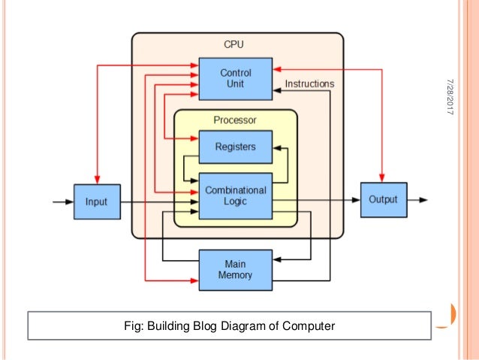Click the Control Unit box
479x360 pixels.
(236, 78)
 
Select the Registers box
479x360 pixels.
(236, 147)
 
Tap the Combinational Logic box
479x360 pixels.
(236, 196)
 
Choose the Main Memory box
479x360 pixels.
(236, 270)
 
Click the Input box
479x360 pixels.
(96, 201)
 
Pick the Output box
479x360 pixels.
(383, 200)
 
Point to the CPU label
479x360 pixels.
(234, 45)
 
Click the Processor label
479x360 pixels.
(235, 120)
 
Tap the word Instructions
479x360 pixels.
(309, 84)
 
